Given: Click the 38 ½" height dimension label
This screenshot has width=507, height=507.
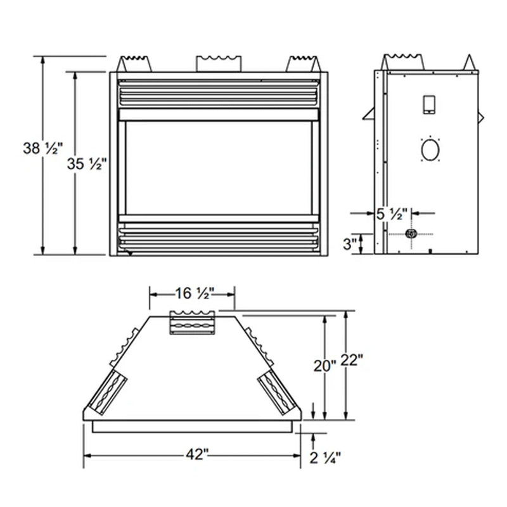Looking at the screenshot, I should [44, 150].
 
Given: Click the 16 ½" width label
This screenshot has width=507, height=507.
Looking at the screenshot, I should [192, 293].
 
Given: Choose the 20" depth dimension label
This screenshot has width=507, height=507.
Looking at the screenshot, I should [325, 366].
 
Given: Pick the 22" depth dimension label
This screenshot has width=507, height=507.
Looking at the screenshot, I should [352, 361].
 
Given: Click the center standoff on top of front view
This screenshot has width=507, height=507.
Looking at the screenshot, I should [219, 63].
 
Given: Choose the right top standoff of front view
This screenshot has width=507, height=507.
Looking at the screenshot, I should [302, 63].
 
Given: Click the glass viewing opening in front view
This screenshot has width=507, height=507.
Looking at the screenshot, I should [219, 167].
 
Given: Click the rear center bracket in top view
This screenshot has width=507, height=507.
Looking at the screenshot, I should [192, 322].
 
